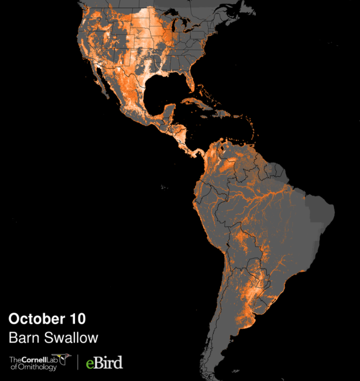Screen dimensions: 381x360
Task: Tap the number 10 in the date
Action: coord(77,318)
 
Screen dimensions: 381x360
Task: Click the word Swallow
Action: coord(70,337)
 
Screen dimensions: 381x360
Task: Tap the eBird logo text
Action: coord(104,362)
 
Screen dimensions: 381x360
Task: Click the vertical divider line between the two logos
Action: coord(78,362)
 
